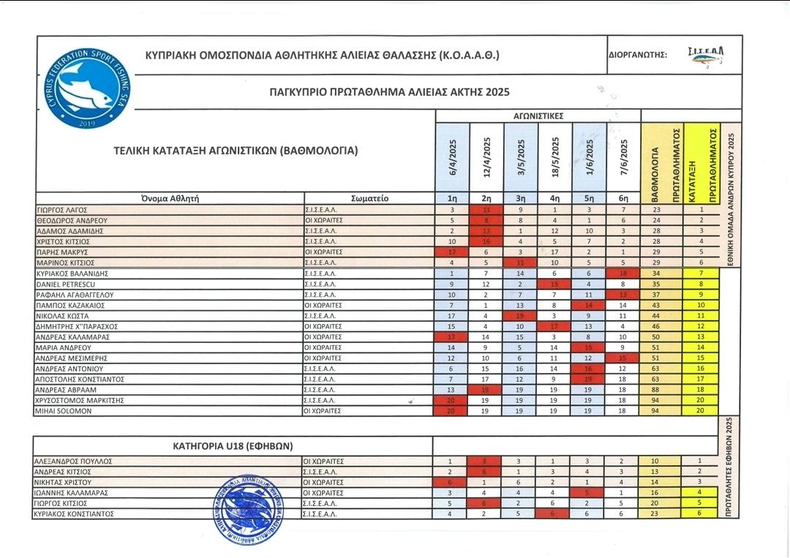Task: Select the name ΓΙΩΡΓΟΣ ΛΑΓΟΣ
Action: click(63, 210)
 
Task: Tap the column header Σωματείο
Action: click(369, 197)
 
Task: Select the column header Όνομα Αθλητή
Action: click(170, 197)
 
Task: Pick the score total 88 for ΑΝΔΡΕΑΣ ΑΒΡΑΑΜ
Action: click(657, 391)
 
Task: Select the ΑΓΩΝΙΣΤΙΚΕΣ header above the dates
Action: click(538, 116)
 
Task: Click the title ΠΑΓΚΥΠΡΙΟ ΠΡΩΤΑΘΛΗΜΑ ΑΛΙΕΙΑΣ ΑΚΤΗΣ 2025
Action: click(389, 92)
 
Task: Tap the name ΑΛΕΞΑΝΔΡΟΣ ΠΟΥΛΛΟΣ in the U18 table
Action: click(73, 461)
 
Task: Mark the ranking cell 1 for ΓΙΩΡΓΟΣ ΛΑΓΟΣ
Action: click(701, 210)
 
